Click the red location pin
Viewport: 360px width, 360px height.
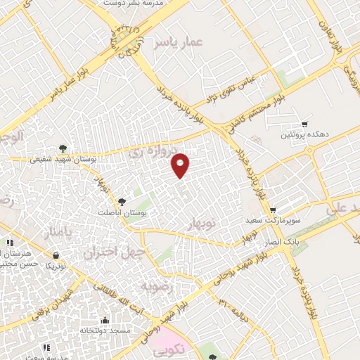click(181, 165)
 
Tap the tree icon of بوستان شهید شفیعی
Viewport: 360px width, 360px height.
click(64, 148)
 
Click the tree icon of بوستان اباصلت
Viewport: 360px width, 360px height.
click(123, 202)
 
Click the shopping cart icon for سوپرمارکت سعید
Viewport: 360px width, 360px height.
click(273, 210)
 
